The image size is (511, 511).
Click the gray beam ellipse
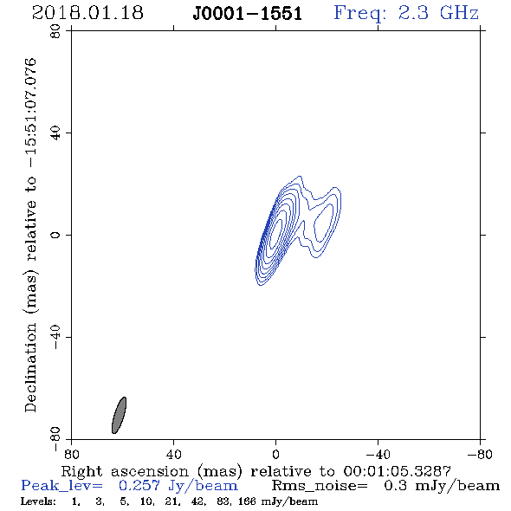119,415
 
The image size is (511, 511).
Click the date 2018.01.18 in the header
87,13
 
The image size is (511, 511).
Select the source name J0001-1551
248,14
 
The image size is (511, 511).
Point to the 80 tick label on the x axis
72,454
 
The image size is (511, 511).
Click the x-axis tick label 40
173,454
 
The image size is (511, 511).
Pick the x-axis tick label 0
275,454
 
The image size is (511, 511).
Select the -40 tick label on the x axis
378,454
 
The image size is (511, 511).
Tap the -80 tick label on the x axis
480,454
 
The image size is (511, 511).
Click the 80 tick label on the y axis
55,31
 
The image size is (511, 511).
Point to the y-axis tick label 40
55,133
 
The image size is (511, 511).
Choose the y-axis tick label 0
55,235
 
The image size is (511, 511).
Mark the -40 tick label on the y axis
55,337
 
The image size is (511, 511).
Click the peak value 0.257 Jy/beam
178,486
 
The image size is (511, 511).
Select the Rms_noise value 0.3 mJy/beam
442,486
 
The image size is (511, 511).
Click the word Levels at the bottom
38,501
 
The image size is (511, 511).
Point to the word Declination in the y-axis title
30,367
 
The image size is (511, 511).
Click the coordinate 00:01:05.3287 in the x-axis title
397,471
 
